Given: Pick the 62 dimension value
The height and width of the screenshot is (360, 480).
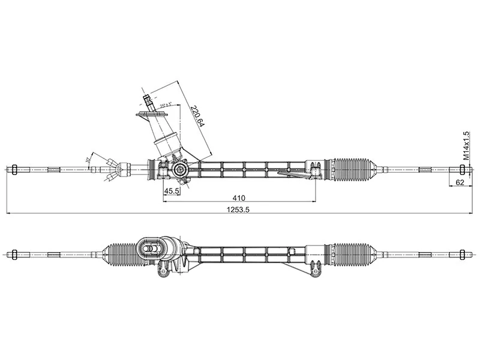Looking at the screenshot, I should tap(460, 182).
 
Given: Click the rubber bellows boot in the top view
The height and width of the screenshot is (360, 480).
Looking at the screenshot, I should tap(354, 169).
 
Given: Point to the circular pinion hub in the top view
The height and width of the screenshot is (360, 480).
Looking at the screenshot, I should tap(179, 170).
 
